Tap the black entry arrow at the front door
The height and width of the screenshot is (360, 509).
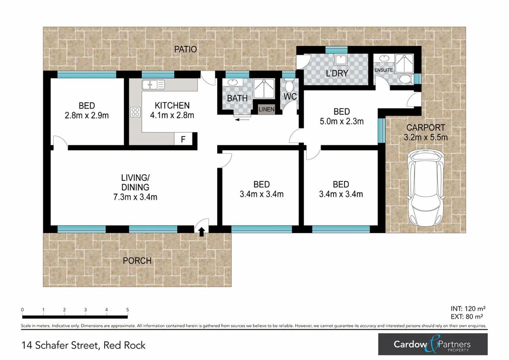[x=201, y=232]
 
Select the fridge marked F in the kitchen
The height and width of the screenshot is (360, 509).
[x=183, y=139]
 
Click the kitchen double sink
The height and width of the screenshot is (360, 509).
[x=153, y=85]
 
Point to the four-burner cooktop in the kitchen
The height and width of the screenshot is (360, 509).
[x=135, y=112]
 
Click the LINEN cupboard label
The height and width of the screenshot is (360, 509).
[x=266, y=109]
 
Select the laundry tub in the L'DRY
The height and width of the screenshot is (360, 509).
[x=340, y=60]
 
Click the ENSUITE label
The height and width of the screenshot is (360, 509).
[x=383, y=70]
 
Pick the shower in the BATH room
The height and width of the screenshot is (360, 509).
[x=264, y=89]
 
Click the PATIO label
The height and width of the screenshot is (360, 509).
[x=185, y=49]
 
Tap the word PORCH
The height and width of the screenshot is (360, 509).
[x=137, y=261]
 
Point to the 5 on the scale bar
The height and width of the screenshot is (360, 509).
[x=128, y=310]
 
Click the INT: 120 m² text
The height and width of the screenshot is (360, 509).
[x=468, y=309]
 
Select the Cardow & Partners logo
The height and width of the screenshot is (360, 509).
[x=433, y=344]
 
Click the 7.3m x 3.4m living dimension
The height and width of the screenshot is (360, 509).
[x=135, y=197]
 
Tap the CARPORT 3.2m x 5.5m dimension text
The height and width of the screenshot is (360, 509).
[x=426, y=132]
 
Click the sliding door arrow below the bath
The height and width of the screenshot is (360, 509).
[x=242, y=120]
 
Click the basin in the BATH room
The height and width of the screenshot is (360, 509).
[x=232, y=82]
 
